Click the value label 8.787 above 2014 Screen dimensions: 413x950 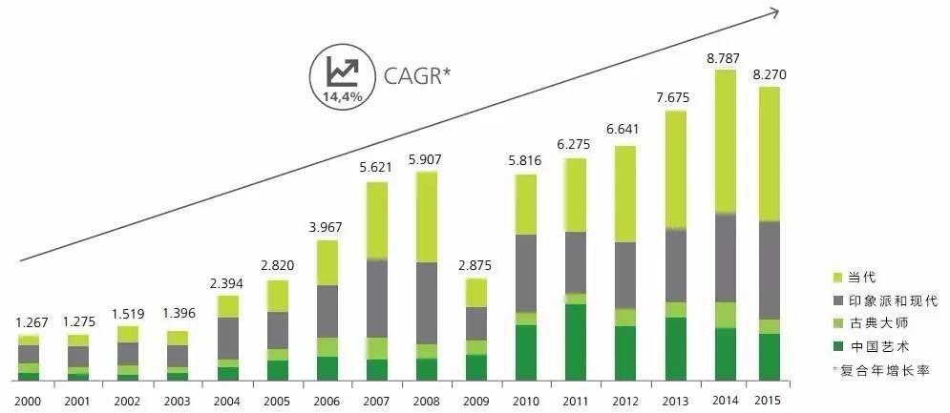coord(724,59)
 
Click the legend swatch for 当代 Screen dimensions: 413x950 coord(838,278)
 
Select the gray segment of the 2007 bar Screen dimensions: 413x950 coord(376,299)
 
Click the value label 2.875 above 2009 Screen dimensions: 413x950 coord(475,266)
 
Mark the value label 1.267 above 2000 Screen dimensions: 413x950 coord(30,323)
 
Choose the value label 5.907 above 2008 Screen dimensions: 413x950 coord(426,159)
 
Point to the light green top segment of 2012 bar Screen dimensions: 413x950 coord(625,194)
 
